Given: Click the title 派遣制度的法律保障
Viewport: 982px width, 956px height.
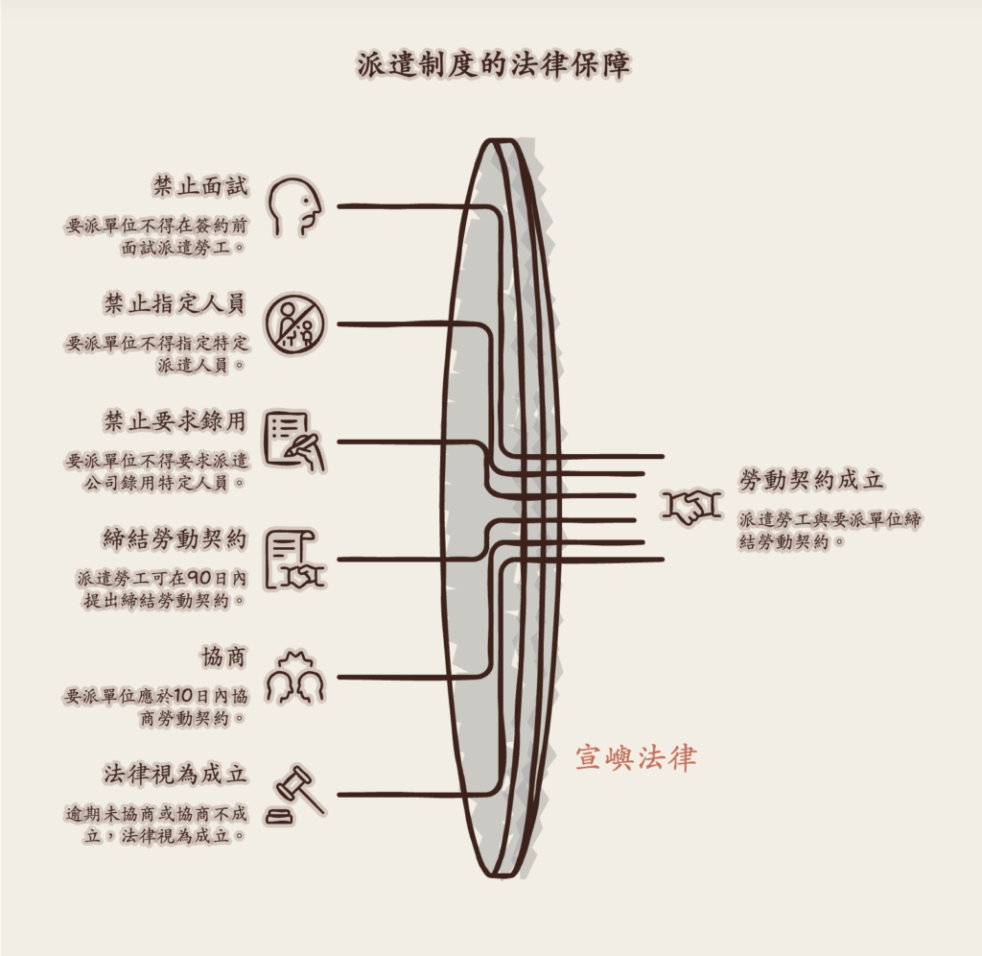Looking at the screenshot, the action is click(494, 64).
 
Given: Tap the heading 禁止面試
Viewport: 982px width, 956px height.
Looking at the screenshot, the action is click(200, 186).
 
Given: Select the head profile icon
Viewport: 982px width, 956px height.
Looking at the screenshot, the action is click(294, 207).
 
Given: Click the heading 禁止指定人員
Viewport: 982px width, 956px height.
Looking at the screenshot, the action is click(175, 303).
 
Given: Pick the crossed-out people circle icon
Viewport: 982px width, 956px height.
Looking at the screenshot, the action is click(295, 324).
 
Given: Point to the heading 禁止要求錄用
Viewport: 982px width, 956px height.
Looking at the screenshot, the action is click(175, 421).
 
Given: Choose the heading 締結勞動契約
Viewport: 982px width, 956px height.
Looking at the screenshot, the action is click(175, 539).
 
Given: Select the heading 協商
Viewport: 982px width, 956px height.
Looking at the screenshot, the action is click(223, 657).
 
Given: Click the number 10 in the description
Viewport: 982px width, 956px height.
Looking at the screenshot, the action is click(183, 696).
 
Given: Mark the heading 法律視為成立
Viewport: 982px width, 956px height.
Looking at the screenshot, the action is click(175, 775).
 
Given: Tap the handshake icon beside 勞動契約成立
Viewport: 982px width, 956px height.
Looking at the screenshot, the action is click(691, 505).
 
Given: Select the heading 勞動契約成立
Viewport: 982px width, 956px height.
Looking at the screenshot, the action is click(811, 480).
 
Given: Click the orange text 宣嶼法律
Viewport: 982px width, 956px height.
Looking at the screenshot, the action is click(636, 758).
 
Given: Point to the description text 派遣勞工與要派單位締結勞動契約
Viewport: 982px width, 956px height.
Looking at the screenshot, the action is click(830, 531).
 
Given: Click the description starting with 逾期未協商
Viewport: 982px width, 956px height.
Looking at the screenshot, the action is click(156, 825).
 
